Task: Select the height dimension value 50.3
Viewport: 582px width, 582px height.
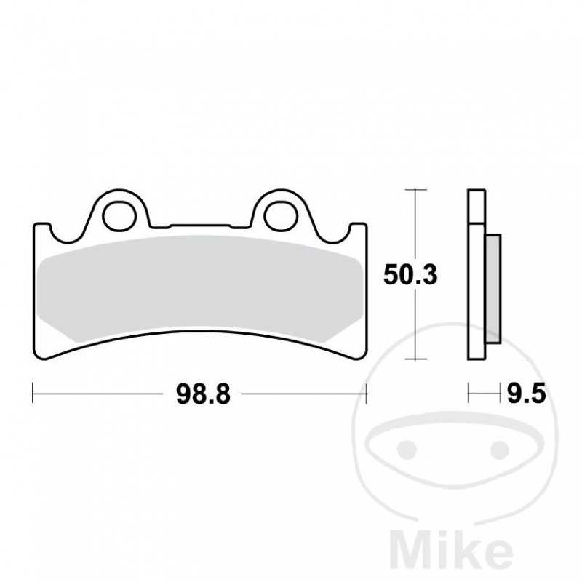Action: [x=411, y=275]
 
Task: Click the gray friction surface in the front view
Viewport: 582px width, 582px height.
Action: [x=200, y=287]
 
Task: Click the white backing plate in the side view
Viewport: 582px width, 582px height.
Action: [x=477, y=276]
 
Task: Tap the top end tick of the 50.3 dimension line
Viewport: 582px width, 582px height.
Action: [x=415, y=190]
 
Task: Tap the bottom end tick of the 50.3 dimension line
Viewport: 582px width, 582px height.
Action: [x=415, y=359]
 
